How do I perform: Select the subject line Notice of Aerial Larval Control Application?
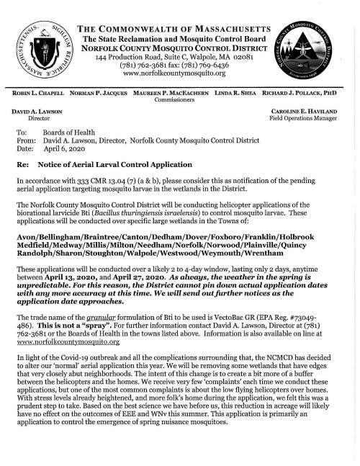[x=125, y=165]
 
